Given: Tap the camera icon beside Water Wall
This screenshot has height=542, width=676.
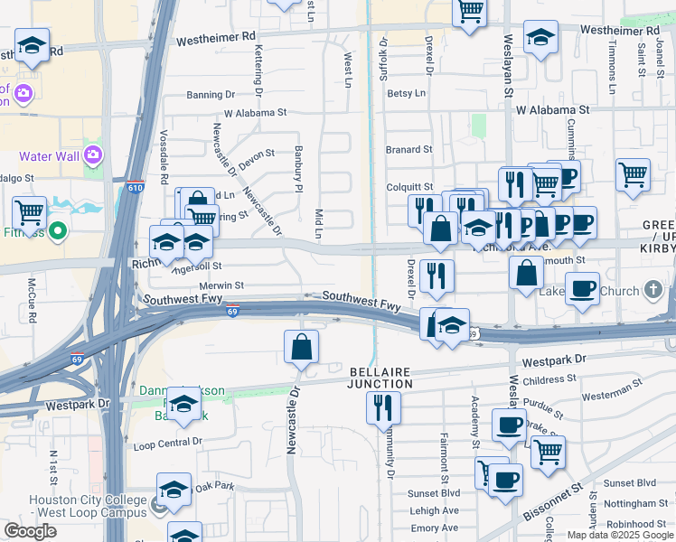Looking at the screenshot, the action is (93, 154).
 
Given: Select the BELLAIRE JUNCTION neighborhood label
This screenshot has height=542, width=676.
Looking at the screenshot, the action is (380, 378).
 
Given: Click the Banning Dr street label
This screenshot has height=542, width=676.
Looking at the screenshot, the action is (211, 94).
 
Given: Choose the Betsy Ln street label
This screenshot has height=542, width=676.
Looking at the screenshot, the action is (406, 93).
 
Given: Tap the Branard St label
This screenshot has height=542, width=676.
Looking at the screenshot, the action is (409, 149).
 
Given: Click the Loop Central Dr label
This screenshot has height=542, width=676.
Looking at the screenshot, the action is (167, 444).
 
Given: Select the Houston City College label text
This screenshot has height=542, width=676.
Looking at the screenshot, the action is (87, 500).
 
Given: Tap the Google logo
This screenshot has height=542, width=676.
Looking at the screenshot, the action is (30, 531).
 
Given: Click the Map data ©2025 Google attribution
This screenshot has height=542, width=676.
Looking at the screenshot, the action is (619, 534).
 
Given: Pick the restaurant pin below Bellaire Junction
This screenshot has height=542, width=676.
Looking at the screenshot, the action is (383, 408).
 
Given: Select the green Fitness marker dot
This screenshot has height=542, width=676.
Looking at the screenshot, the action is (58, 231).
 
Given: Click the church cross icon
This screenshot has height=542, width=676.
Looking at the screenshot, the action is (654, 291).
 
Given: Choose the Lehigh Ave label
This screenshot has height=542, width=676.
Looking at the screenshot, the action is (434, 510).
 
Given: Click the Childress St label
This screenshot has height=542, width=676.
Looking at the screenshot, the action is (549, 380).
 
